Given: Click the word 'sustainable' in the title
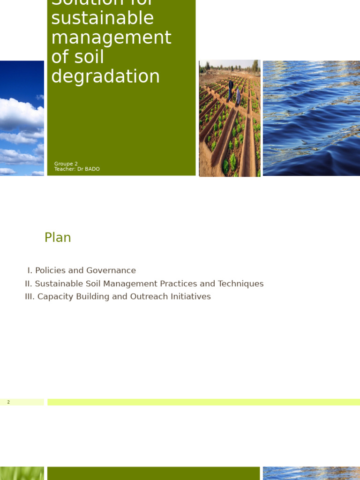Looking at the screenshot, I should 102,19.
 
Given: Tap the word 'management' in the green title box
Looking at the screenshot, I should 111,38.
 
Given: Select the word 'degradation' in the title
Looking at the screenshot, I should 105,76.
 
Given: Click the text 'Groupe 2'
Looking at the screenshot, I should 66,164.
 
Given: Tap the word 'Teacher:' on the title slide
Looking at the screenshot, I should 65,169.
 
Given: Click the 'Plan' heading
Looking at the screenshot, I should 58,238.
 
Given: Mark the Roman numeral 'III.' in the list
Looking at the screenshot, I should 30,297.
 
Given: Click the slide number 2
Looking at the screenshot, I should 8,402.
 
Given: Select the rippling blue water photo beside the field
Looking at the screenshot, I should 311,118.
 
